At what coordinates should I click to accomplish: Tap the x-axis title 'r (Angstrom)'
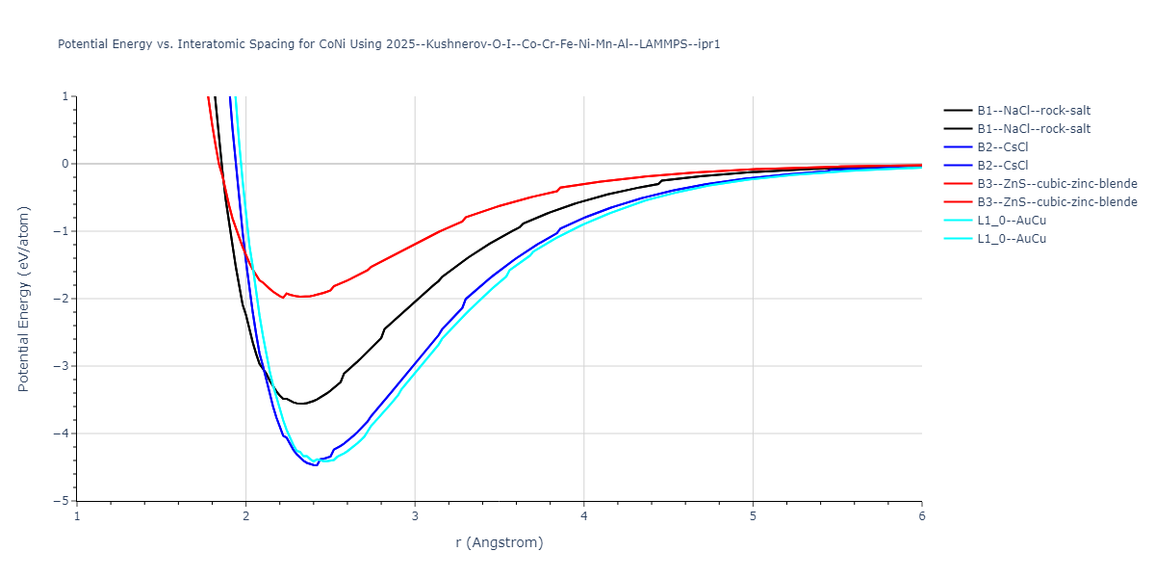point(499,542)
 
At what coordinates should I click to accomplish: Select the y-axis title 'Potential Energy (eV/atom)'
point(24,299)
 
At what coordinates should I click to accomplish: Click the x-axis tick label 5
point(753,515)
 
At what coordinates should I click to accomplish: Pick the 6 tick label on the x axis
point(921,515)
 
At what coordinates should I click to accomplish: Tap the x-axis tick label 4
point(583,515)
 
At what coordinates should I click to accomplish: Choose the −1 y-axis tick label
point(63,231)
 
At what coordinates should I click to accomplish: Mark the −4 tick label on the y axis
point(63,433)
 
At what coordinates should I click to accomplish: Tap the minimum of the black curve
point(301,404)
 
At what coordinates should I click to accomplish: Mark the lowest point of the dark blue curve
point(315,465)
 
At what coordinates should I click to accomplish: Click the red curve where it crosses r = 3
point(415,244)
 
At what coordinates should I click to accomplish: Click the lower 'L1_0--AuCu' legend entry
point(1012,239)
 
